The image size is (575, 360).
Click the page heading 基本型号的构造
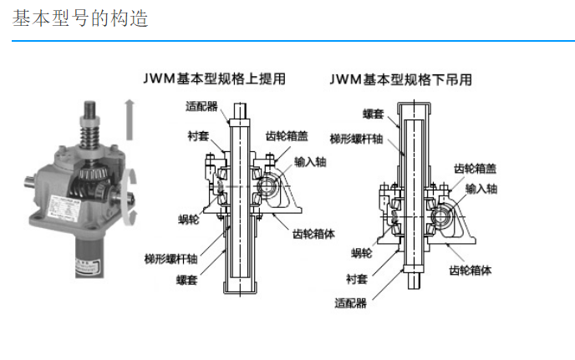pos(80,18)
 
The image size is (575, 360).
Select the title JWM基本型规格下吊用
pos(400,80)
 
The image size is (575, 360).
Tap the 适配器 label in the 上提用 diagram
pos(201,106)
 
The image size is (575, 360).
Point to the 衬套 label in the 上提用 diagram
pos(198,134)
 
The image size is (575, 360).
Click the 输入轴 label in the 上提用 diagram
pos(310,162)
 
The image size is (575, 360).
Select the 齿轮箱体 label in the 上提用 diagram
pos(313,235)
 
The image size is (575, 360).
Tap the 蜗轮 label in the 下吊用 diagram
pos(361,252)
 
